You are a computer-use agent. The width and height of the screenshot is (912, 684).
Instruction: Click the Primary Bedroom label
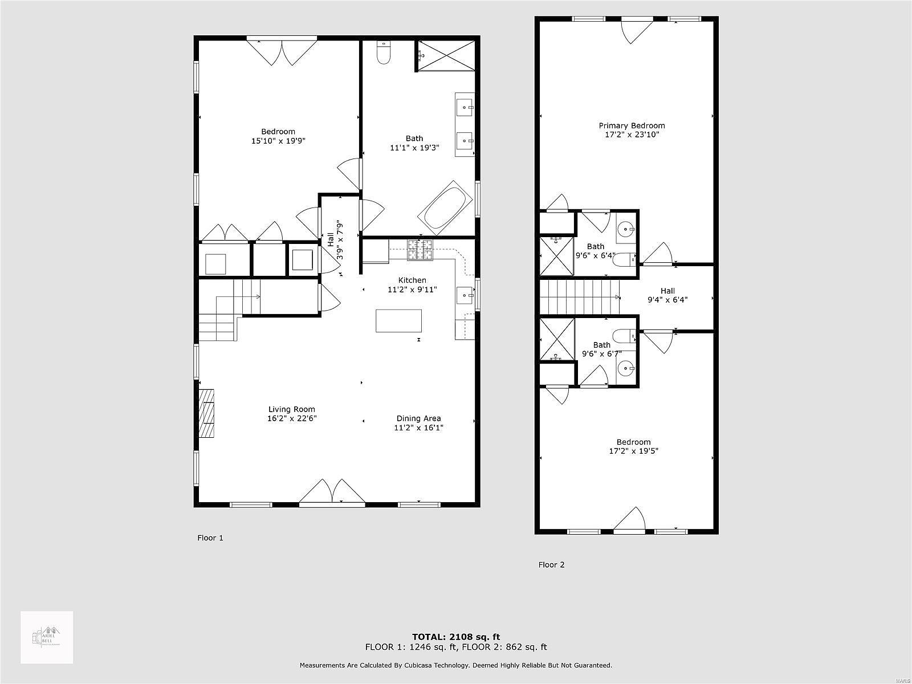[x=632, y=125]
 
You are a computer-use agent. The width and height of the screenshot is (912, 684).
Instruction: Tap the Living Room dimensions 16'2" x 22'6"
[x=292, y=418]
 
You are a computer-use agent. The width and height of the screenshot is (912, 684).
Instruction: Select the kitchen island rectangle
[x=398, y=320]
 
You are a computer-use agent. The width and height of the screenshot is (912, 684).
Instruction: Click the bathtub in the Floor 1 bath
[x=446, y=208]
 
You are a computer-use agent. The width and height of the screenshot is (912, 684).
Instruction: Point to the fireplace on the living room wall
[x=207, y=413]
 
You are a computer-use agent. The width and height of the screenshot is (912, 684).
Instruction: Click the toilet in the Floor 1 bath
[x=384, y=53]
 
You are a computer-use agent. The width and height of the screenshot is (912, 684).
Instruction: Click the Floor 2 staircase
[x=579, y=296]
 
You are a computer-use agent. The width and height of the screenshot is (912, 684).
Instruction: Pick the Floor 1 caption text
[x=210, y=538]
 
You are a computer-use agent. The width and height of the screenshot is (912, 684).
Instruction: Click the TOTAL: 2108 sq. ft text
[x=456, y=637]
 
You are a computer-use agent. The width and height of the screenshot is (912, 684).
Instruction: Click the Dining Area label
[x=418, y=418]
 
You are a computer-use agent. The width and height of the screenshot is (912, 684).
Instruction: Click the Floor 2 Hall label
[x=667, y=291]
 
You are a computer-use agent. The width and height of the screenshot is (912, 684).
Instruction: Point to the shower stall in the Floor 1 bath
[x=446, y=55]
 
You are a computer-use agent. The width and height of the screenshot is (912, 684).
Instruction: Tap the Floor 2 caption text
[x=551, y=565]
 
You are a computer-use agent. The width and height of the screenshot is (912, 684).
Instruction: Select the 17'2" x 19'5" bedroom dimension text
[x=633, y=451]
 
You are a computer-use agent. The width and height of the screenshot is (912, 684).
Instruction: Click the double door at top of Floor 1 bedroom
[x=282, y=51]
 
